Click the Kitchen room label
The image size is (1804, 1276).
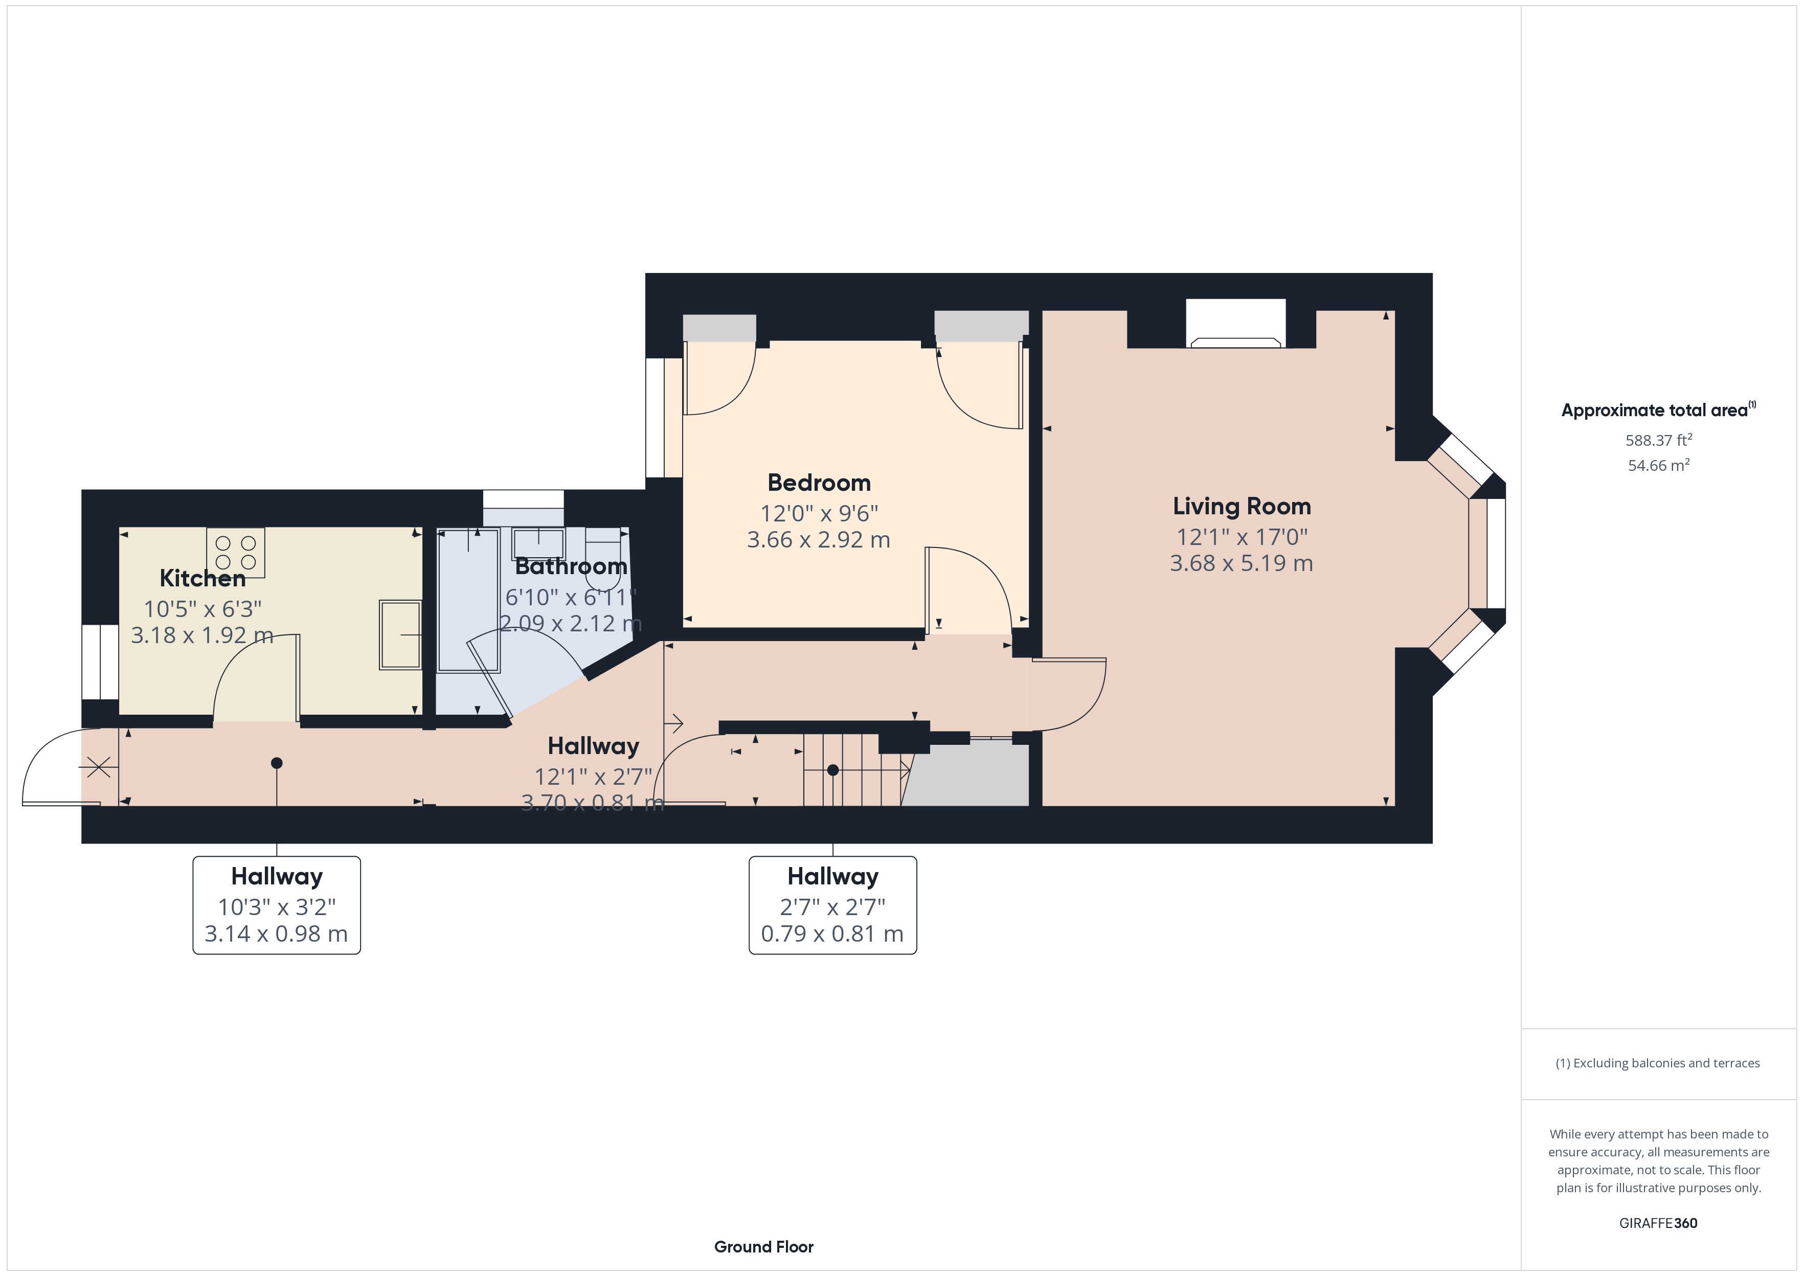pyautogui.click(x=202, y=578)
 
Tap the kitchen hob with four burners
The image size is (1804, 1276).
pyautogui.click(x=236, y=552)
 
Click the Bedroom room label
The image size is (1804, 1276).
pyautogui.click(x=819, y=483)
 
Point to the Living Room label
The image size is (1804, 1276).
pyautogui.click(x=1242, y=506)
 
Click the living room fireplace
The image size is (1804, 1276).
pyautogui.click(x=1235, y=325)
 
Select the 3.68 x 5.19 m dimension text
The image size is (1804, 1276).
pyautogui.click(x=1242, y=563)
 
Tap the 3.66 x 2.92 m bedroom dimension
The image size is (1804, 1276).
pyautogui.click(x=819, y=540)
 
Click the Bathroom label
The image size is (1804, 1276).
pyautogui.click(x=571, y=566)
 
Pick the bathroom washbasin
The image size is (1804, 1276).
pyautogui.click(x=539, y=544)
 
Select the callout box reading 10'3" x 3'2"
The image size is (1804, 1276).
pyautogui.click(x=277, y=905)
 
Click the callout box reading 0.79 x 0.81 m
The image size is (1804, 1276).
pyautogui.click(x=833, y=905)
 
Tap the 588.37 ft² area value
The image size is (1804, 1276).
pyautogui.click(x=1659, y=440)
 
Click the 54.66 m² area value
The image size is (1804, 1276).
pyautogui.click(x=1659, y=465)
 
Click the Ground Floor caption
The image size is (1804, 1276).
pyautogui.click(x=764, y=1246)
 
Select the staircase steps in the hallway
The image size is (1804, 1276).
pyautogui.click(x=852, y=770)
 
